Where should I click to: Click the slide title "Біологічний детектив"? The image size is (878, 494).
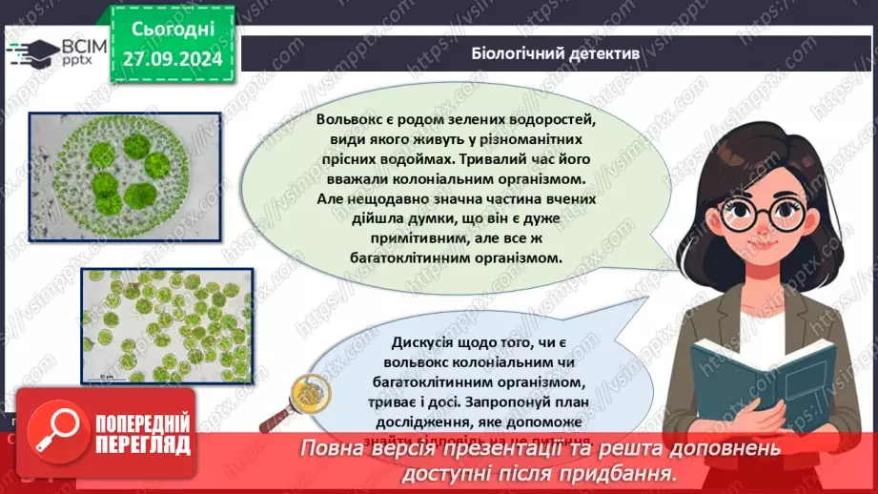point(555,54)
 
